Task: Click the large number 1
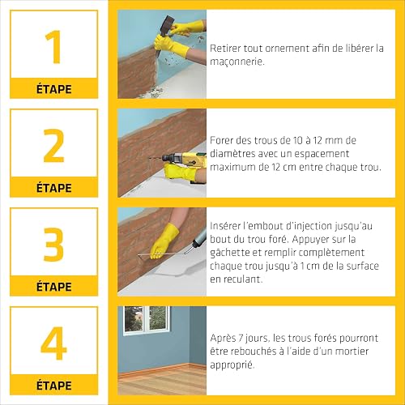point(54,47)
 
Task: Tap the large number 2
point(54,146)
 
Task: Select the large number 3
point(53,245)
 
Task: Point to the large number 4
point(53,343)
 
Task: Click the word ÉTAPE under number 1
point(54,89)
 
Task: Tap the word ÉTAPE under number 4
point(54,385)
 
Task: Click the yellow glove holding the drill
point(181,172)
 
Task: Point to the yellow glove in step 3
point(164,241)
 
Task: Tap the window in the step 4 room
point(147,320)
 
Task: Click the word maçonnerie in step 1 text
point(237,62)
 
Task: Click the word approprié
point(232,365)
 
